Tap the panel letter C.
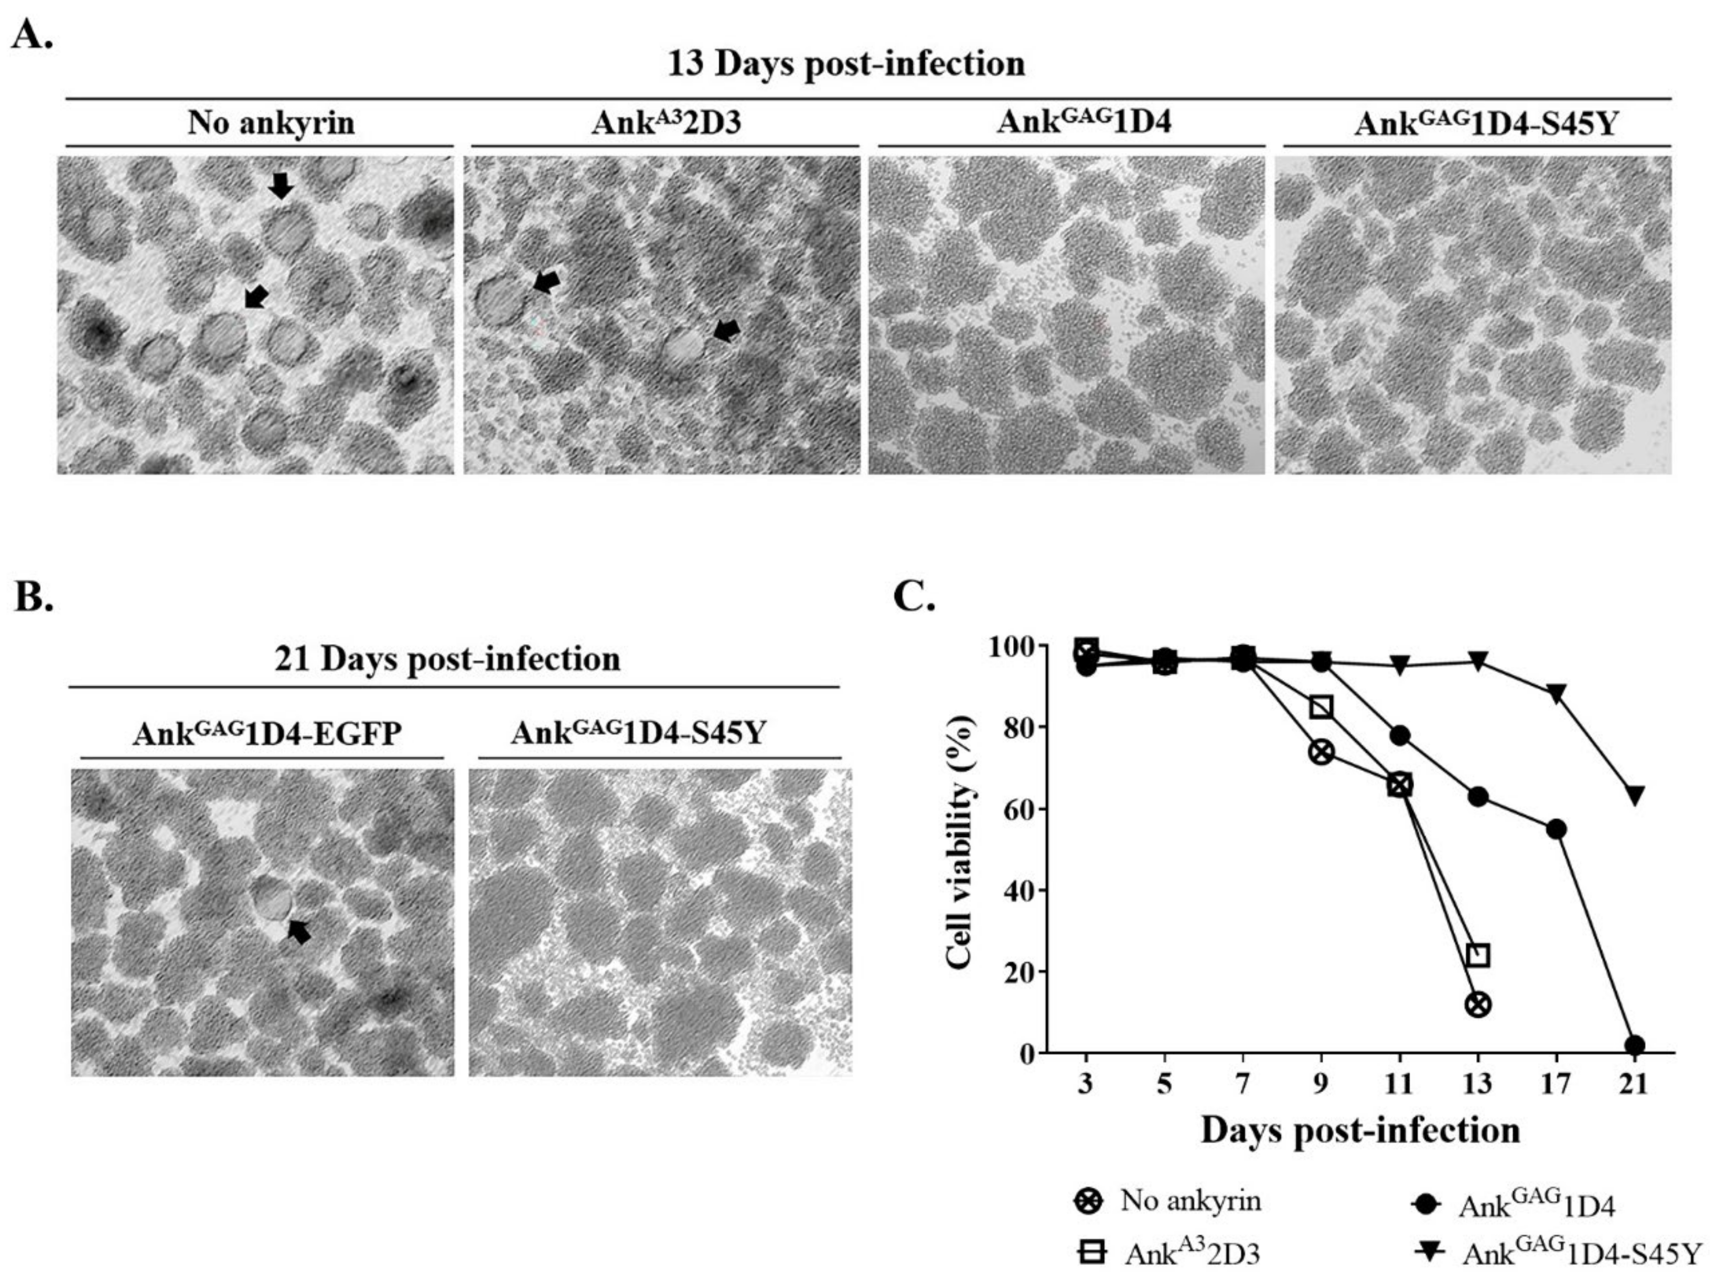(914, 597)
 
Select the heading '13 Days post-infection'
(846, 64)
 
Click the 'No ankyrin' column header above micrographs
(271, 123)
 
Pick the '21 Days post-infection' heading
(448, 659)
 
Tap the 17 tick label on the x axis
(1555, 1083)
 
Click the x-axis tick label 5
(1164, 1083)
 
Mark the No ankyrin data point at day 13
(1478, 1004)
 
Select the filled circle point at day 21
(1635, 1044)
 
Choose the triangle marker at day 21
(1635, 795)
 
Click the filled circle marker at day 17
(1555, 829)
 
